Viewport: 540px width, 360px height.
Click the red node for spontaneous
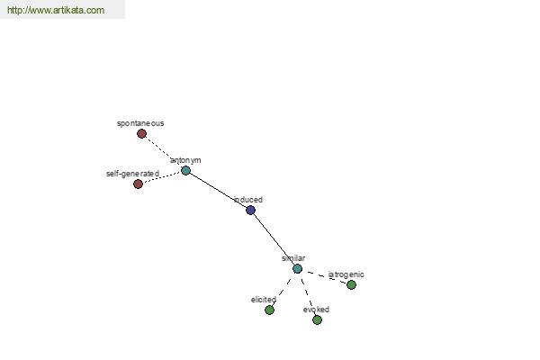[141, 134]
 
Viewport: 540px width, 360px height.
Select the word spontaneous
[140, 123]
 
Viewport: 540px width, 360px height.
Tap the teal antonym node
[185, 170]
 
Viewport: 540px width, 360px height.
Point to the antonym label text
[185, 160]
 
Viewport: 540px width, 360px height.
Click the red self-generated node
[138, 184]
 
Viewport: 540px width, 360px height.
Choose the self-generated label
[132, 174]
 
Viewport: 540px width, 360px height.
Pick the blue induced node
[251, 210]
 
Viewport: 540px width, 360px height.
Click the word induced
[248, 200]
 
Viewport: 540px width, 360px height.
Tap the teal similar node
[298, 269]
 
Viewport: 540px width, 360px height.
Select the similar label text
[293, 258]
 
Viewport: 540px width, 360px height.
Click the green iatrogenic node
[351, 285]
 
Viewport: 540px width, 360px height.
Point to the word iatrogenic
[346, 274]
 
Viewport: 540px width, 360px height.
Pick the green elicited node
[270, 310]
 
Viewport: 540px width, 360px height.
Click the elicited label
[264, 300]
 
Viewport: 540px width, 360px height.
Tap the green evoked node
[317, 320]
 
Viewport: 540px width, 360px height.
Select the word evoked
[316, 310]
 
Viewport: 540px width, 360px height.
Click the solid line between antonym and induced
[219, 190]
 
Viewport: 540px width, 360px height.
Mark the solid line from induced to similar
[274, 239]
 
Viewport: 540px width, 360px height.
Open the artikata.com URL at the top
[56, 10]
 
